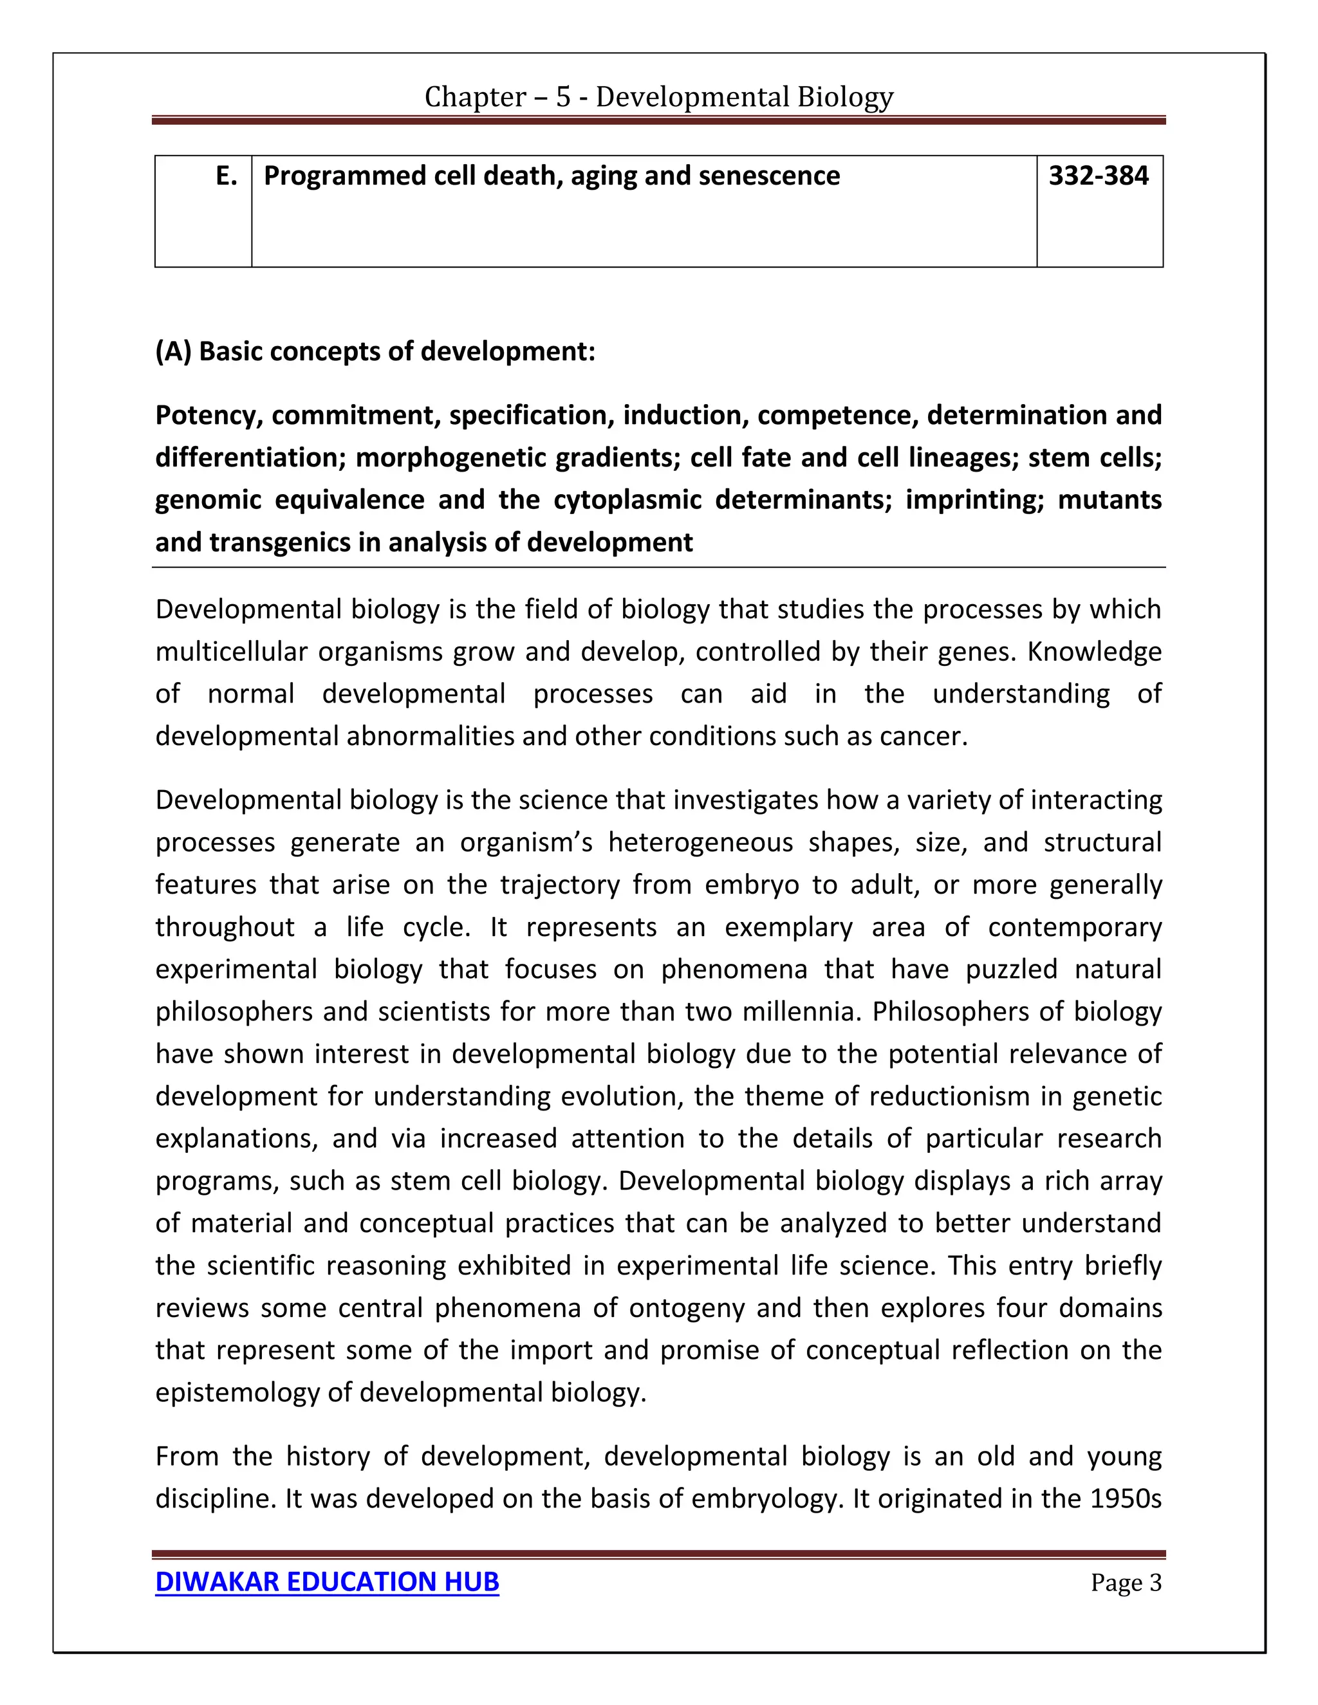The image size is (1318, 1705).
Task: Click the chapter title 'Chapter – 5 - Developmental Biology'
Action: point(658,97)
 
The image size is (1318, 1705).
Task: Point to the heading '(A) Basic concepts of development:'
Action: point(375,352)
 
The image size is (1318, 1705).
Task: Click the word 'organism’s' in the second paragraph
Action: point(527,843)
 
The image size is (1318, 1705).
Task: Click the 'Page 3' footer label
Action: point(1125,1583)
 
